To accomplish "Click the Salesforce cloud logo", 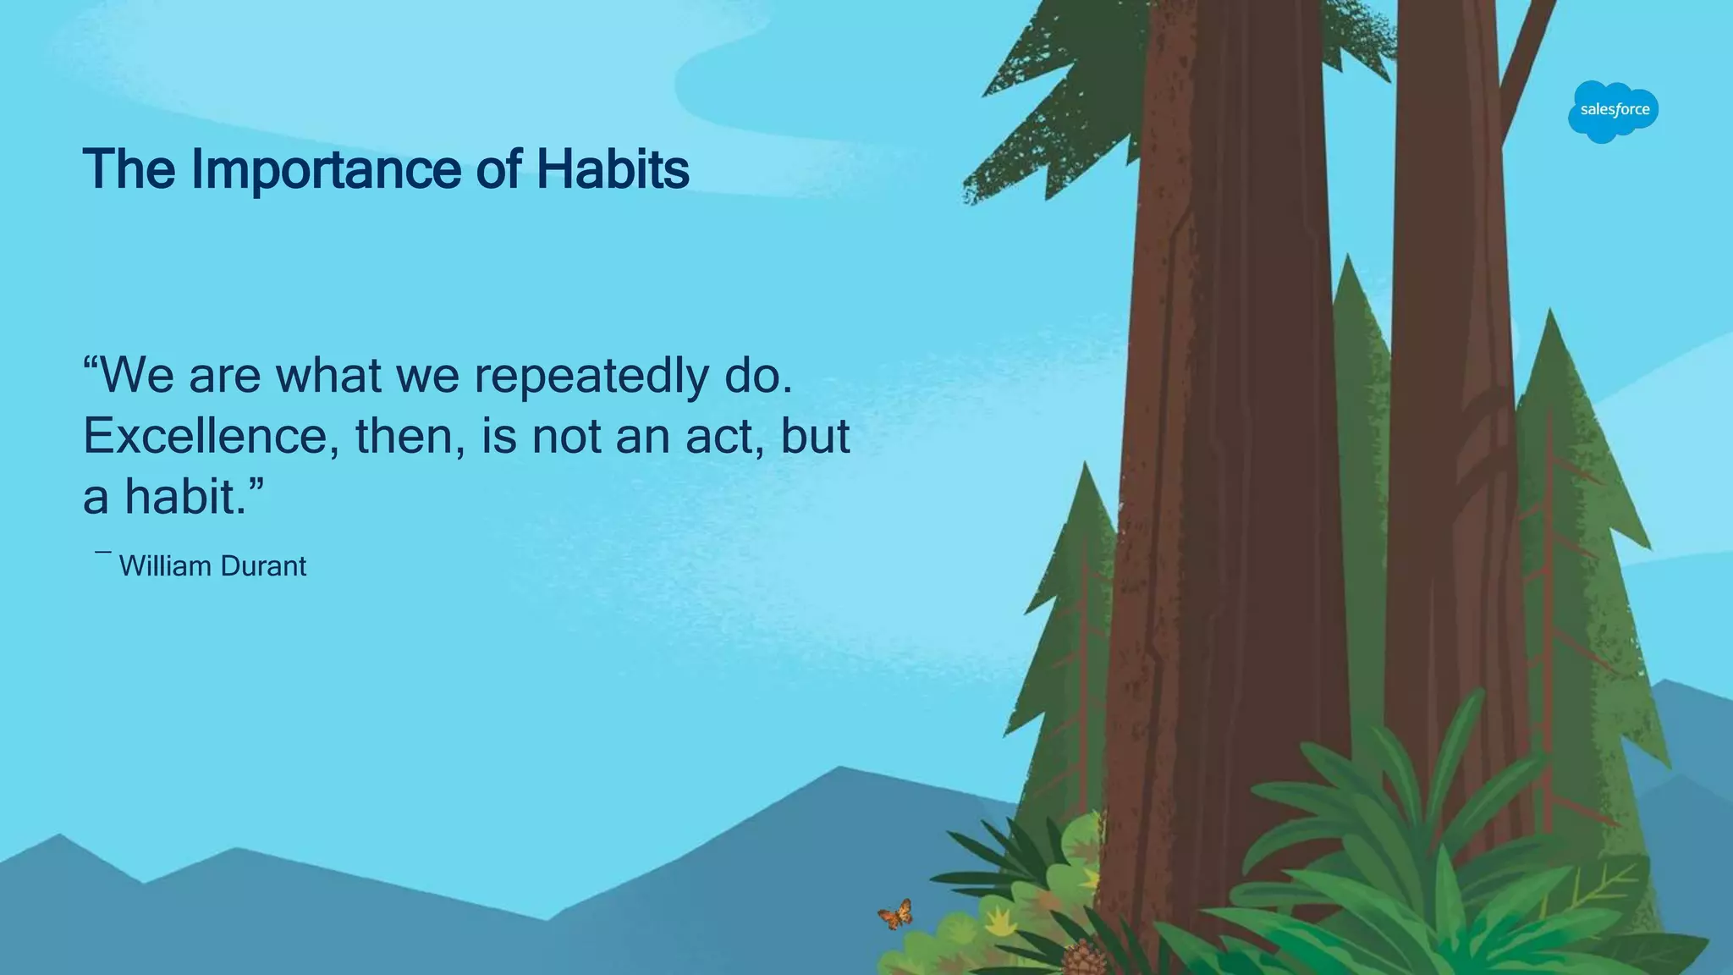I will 1613,111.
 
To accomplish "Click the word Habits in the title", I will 613,169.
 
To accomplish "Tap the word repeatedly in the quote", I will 591,377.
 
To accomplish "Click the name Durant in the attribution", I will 262,566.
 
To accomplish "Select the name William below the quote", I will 165,566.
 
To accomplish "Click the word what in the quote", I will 328,377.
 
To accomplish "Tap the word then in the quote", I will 403,437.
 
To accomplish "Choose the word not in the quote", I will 566,437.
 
